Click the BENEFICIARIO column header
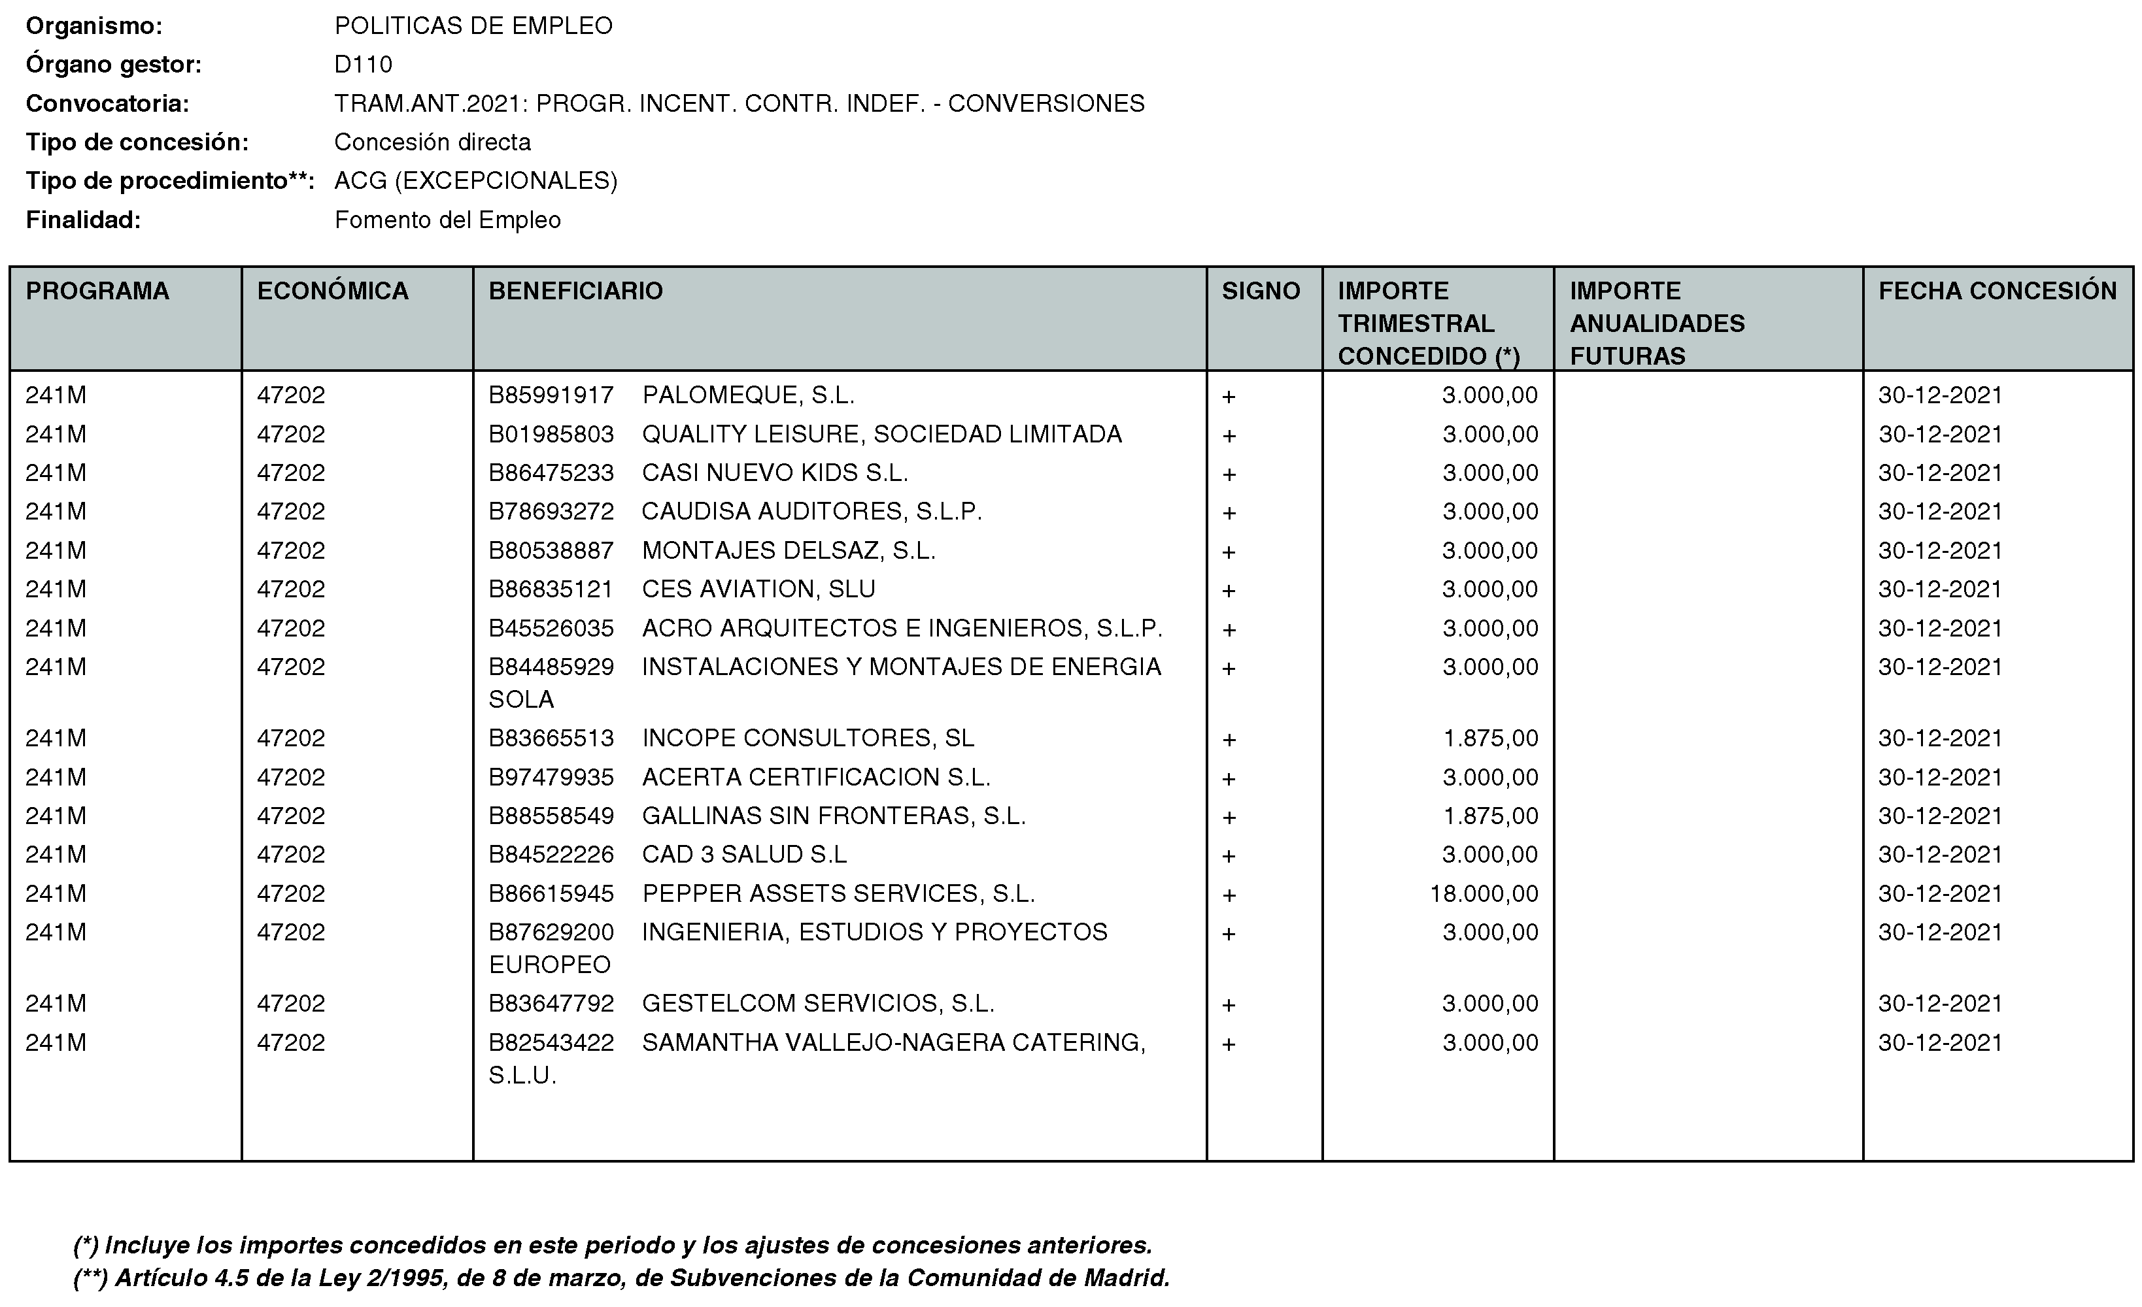575,291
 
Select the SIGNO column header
1261,291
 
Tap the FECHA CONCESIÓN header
1997,291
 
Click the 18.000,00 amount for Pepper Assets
1484,893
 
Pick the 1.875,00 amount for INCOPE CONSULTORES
1490,738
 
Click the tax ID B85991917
551,395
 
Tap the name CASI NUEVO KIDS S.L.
775,472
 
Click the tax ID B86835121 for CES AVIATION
551,589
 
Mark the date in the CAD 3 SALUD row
1939,854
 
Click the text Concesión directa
432,142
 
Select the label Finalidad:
84,220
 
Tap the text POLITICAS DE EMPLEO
474,26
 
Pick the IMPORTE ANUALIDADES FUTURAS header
1656,323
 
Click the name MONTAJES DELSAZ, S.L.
789,550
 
